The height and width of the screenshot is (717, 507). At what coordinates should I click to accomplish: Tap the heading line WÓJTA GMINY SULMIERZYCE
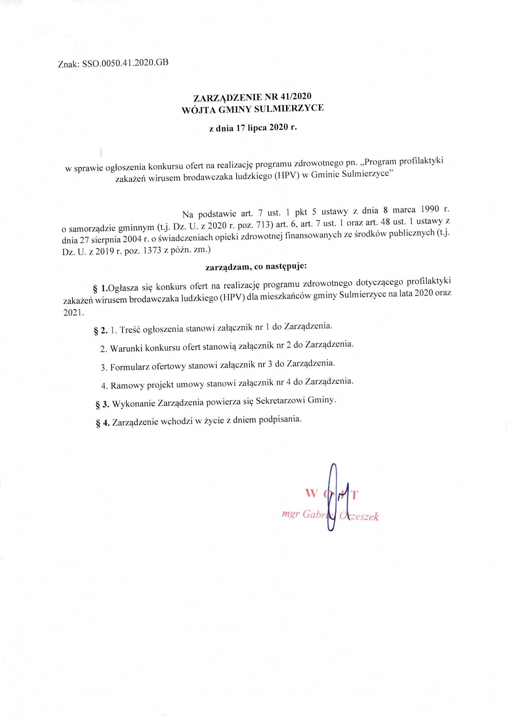click(x=253, y=108)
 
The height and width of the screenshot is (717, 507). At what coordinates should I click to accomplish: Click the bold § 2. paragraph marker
click(x=101, y=331)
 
